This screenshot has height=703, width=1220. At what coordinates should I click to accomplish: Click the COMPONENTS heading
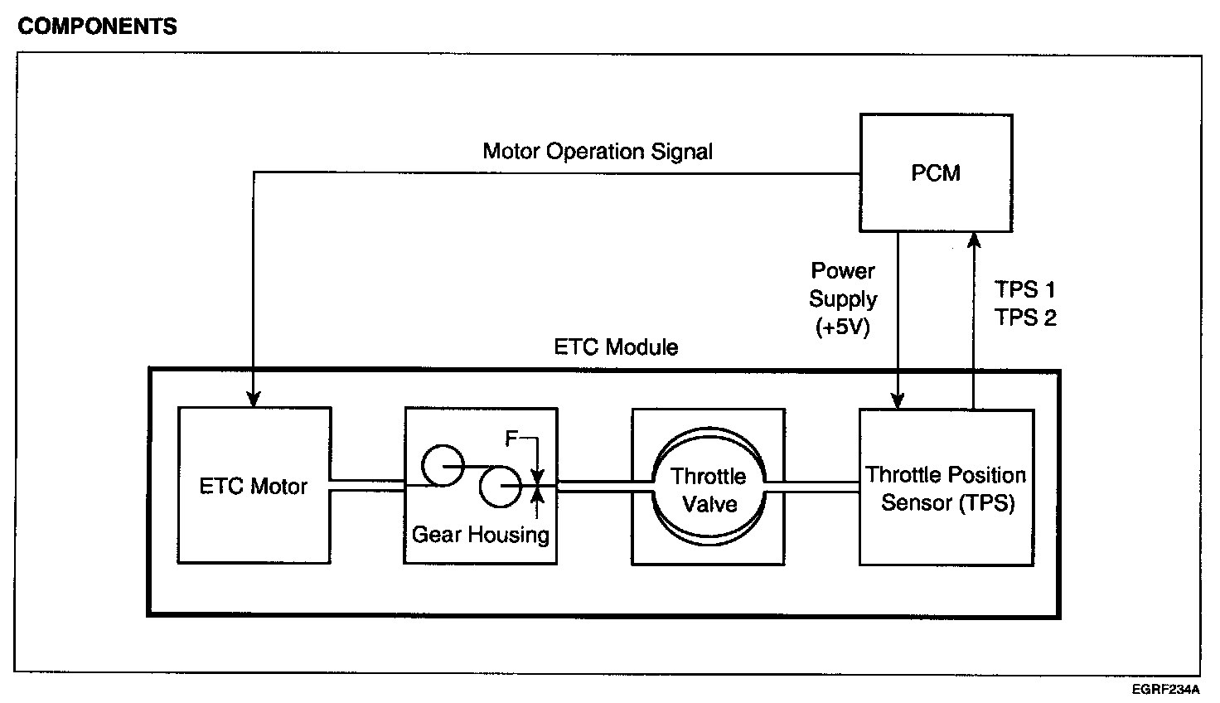point(97,27)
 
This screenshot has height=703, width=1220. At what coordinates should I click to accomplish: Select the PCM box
point(936,172)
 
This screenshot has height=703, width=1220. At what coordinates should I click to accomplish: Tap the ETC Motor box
point(254,486)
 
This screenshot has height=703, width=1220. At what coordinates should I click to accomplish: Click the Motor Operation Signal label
point(598,152)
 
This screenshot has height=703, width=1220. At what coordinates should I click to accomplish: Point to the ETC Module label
point(616,347)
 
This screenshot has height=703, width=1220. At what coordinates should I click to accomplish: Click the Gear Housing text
point(481,535)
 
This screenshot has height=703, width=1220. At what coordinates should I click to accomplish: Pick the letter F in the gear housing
point(512,439)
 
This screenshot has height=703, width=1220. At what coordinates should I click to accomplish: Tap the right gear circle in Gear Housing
point(500,487)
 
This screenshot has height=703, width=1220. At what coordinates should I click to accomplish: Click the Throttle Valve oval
point(709,489)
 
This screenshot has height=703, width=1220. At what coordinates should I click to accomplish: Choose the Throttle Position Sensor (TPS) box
point(946,487)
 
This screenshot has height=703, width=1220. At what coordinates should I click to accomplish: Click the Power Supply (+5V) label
point(843,299)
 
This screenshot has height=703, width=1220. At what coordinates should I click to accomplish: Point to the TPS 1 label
point(1025,289)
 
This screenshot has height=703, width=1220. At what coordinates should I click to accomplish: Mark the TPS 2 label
point(1025,318)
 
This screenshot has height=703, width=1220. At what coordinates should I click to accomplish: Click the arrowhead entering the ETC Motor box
point(254,399)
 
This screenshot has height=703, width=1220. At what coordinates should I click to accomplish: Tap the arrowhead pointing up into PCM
point(975,241)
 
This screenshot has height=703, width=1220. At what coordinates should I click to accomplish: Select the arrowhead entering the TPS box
point(898,400)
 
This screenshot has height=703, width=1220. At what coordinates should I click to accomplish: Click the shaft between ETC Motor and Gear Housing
point(367,485)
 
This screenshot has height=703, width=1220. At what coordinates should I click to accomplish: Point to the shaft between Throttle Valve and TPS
point(812,487)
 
